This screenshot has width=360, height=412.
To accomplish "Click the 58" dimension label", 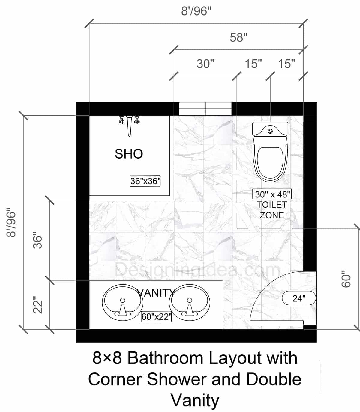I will coord(238,38).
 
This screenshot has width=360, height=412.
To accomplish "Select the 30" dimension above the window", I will coord(205,64).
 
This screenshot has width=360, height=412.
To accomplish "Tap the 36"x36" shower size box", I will coord(145,181).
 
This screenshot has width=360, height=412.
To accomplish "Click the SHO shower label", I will coord(129,154).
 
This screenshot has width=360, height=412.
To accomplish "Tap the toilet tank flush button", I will coord(270,131).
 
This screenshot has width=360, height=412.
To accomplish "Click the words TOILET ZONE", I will coord(272,210).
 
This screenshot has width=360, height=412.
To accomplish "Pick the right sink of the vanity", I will coord(189,302).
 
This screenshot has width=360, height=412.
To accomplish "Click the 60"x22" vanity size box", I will coord(156,317).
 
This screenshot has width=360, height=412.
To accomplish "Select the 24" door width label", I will coord(299,298).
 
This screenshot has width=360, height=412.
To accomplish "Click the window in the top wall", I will coord(205,109).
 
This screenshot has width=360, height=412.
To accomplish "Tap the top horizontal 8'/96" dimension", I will coord(196,11).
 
